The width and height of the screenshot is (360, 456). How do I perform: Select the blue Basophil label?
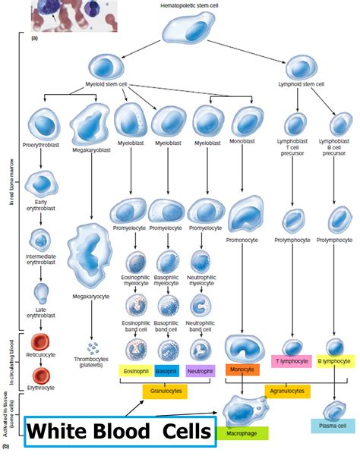169,372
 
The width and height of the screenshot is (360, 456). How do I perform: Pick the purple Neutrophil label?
201,372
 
